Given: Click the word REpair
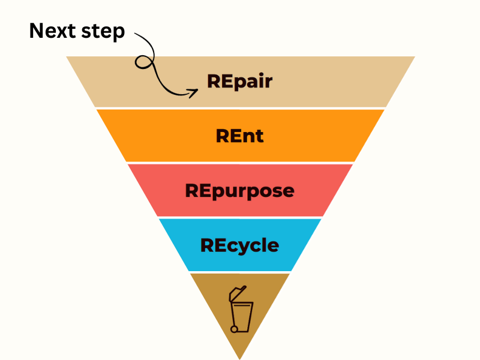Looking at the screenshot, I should pyautogui.click(x=239, y=82).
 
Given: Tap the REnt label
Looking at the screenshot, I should pyautogui.click(x=239, y=136).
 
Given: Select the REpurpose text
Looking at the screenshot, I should pyautogui.click(x=239, y=191).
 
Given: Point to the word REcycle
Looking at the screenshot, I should pyautogui.click(x=239, y=245).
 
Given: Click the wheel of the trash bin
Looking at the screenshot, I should pyautogui.click(x=235, y=328).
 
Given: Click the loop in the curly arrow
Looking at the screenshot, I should pyautogui.click(x=143, y=61).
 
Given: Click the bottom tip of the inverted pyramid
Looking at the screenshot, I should pyautogui.click(x=240, y=357).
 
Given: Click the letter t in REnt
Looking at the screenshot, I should pyautogui.click(x=259, y=136).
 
